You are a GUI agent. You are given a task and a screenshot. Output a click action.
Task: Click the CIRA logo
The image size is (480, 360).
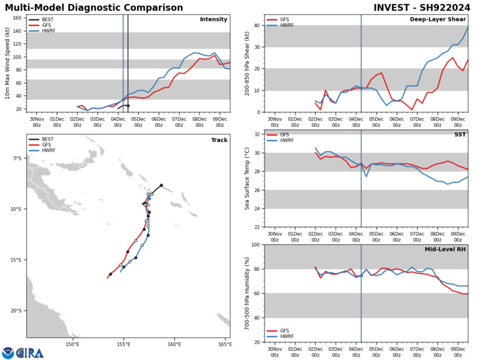tap(24, 352)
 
